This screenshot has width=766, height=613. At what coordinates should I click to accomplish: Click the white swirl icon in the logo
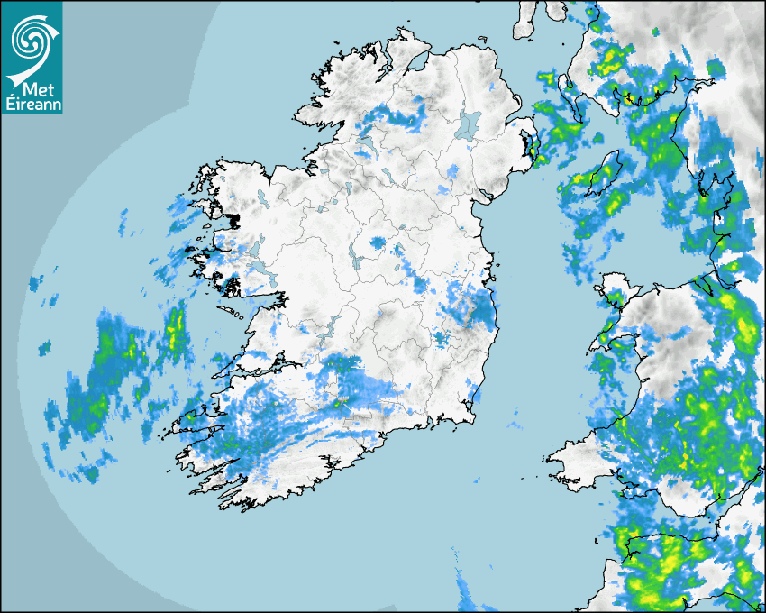32,40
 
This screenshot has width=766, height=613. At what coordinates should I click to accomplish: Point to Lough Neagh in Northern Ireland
469,125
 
